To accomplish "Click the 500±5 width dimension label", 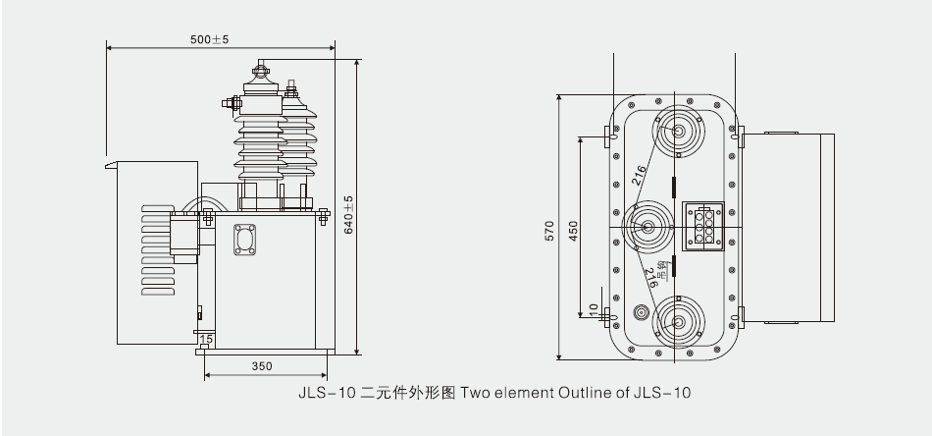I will [209, 39].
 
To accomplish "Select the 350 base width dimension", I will [262, 366].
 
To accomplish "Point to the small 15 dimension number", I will [205, 340].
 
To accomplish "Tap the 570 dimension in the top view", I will [549, 231].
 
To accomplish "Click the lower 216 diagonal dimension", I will [649, 280].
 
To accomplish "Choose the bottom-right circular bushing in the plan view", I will [676, 322].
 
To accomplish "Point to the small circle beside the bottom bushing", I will [641, 313].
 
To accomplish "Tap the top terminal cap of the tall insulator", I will [261, 70].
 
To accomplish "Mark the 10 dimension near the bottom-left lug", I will [593, 308].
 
